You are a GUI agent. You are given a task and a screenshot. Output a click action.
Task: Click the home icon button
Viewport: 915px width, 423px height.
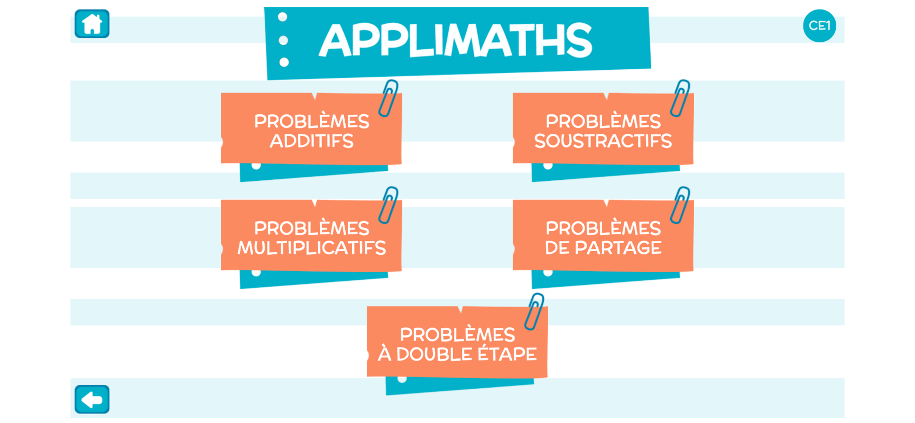[92, 24]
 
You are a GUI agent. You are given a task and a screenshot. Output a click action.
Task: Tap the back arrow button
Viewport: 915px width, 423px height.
[92, 399]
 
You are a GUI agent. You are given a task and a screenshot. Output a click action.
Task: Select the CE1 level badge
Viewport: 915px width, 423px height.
[819, 25]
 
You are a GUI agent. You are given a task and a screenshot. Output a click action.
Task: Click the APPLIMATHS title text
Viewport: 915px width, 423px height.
[455, 41]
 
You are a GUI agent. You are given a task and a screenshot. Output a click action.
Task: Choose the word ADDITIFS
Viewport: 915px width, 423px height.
[311, 141]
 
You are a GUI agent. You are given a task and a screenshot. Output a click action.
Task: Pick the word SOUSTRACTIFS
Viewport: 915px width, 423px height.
[603, 141]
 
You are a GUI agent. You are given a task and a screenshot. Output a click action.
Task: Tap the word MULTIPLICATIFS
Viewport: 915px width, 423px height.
[311, 248]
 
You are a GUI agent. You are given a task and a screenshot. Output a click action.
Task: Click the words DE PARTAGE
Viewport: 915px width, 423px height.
[603, 248]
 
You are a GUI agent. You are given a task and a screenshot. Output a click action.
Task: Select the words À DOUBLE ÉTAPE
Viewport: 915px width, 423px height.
[457, 354]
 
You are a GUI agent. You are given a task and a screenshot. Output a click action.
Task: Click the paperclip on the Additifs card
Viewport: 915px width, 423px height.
[389, 98]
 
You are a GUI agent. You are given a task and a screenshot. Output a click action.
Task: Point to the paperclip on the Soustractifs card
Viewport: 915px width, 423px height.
[680, 98]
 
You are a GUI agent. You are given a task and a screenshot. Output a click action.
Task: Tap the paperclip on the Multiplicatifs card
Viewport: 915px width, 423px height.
[389, 205]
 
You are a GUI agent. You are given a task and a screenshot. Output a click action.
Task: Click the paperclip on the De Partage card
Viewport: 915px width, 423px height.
[680, 205]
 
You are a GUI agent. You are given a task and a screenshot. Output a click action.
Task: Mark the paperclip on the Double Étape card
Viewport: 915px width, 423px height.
[534, 311]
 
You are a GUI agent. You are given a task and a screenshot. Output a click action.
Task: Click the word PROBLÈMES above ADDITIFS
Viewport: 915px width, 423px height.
[311, 122]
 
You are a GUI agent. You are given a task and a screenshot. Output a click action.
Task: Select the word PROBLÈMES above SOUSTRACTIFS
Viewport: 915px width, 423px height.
[603, 122]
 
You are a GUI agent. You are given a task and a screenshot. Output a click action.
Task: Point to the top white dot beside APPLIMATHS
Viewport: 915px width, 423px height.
[283, 17]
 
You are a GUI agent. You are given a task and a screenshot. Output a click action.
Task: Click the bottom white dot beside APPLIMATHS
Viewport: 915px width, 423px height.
[284, 62]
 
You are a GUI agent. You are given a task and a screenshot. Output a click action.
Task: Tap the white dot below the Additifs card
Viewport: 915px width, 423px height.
[256, 166]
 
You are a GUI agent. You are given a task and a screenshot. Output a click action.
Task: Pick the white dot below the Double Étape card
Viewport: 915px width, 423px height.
[402, 379]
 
